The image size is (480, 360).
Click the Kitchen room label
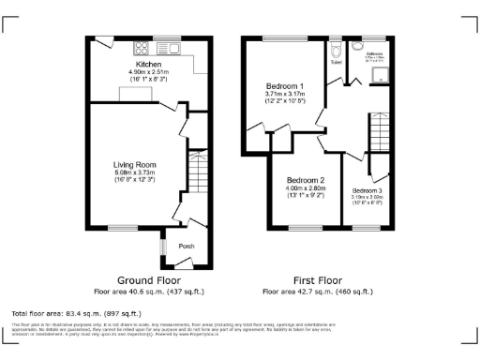pyautogui.click(x=145, y=64)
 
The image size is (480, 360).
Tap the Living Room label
pyautogui.click(x=134, y=164)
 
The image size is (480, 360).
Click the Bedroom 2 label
pyautogui.click(x=305, y=180)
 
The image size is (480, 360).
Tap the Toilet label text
pyautogui.click(x=336, y=62)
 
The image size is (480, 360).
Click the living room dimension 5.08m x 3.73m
pyautogui.click(x=134, y=172)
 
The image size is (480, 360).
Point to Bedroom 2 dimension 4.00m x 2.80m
pyautogui.click(x=305, y=188)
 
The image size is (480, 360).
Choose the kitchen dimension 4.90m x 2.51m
pyautogui.click(x=144, y=72)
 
